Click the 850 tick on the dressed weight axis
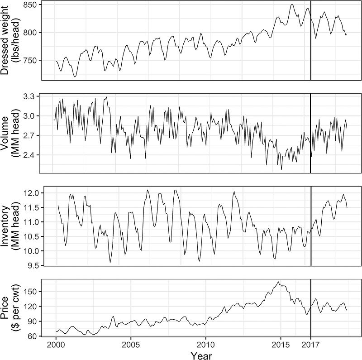(x=33, y=5)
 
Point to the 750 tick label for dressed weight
(x=33, y=60)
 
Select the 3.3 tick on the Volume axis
(x=34, y=96)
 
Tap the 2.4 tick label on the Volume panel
(x=34, y=155)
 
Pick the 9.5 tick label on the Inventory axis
(x=34, y=265)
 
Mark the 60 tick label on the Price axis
(x=34, y=336)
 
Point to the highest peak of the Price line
(x=278, y=282)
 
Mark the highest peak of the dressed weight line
(x=292, y=5)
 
